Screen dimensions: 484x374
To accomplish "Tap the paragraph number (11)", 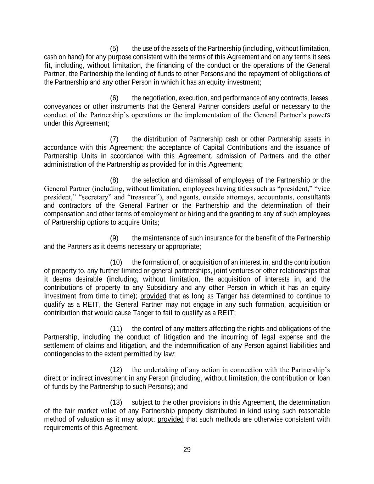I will [x=116, y=329].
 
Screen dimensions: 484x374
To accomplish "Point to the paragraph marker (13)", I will [x=116, y=402].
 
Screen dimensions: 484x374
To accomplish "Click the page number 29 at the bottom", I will [x=187, y=450].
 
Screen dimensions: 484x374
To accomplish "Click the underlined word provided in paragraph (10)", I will [x=153, y=296].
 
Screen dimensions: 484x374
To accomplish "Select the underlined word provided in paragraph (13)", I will [x=171, y=419].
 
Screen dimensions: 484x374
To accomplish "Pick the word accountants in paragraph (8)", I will [x=275, y=197].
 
